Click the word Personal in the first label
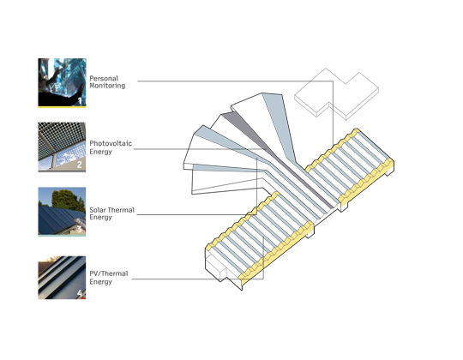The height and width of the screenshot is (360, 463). pyautogui.click(x=104, y=79)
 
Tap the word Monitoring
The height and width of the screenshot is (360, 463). pyautogui.click(x=107, y=86)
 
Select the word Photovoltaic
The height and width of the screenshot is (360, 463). pyautogui.click(x=111, y=143)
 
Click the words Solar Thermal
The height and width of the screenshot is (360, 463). pyautogui.click(x=112, y=210)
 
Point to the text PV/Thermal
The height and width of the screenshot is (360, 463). pyautogui.click(x=109, y=273)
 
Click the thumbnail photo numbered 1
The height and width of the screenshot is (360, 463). pyautogui.click(x=62, y=82)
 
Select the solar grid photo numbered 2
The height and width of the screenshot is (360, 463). pyautogui.click(x=62, y=147)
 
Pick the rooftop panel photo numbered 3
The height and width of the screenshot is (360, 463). pyautogui.click(x=62, y=211)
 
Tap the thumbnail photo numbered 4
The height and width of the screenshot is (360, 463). pyautogui.click(x=62, y=278)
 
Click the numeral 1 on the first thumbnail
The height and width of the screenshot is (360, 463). pyautogui.click(x=80, y=101)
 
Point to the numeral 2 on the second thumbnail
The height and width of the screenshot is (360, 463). pyautogui.click(x=80, y=165)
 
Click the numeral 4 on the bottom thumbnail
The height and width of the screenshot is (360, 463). pyautogui.click(x=80, y=293)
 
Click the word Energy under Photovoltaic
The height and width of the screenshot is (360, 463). pyautogui.click(x=100, y=152)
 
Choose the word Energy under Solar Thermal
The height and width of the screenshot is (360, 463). pyautogui.click(x=100, y=217)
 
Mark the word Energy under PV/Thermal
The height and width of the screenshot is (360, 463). pyautogui.click(x=100, y=282)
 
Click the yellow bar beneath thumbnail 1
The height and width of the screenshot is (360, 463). pyautogui.click(x=62, y=107)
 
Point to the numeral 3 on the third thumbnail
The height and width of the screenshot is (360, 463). pyautogui.click(x=80, y=229)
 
